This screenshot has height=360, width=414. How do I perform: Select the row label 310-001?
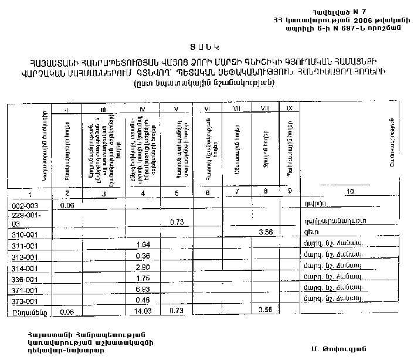tap(23, 234)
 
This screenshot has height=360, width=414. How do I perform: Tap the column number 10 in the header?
tap(351, 192)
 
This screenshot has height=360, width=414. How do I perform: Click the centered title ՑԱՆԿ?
tap(206, 46)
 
